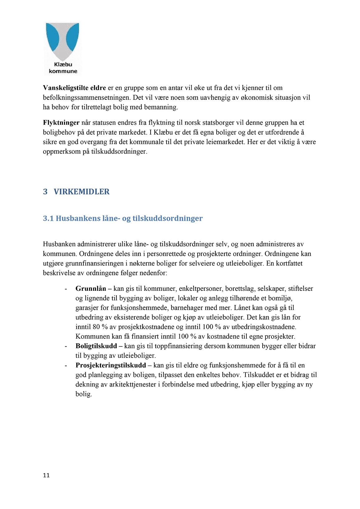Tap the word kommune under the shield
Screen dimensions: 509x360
[63, 71]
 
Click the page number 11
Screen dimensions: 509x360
[46, 475]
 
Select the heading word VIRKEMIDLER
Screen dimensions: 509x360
[82, 192]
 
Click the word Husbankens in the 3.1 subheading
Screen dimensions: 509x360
[78, 218]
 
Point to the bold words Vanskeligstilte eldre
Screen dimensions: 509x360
[74, 88]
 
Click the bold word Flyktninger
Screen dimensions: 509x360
[61, 123]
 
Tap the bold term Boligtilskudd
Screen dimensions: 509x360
[96, 346]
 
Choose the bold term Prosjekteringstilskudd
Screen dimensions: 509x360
[111, 365]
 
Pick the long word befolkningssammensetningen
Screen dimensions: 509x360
[86, 98]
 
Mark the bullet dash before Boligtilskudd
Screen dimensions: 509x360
[66, 346]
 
